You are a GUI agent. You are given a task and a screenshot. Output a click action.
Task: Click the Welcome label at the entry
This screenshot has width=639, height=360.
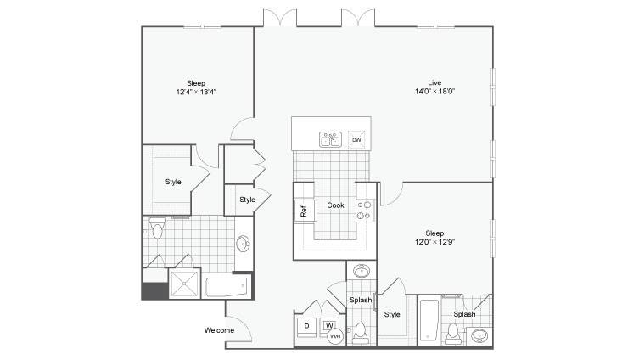[x=219, y=330]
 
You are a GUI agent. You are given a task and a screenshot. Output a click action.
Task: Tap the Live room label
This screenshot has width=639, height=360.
[x=434, y=82]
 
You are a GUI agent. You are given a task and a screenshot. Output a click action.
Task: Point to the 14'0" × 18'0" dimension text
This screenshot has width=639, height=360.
[x=434, y=92]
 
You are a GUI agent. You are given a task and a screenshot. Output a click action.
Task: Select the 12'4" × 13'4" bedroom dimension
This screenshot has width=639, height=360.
[x=196, y=92]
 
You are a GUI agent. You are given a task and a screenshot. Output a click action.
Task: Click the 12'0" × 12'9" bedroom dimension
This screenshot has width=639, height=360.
[x=434, y=242]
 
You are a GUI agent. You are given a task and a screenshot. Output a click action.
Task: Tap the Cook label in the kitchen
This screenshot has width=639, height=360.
[x=335, y=205]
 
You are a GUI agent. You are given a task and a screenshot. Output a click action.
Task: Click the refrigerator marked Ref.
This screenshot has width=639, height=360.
[x=305, y=211]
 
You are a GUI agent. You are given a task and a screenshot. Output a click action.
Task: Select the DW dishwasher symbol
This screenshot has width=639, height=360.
[x=356, y=139]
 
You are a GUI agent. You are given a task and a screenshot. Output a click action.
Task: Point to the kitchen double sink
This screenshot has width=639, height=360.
[x=330, y=139]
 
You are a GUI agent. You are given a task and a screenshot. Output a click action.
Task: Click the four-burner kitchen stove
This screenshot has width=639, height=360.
[x=365, y=210]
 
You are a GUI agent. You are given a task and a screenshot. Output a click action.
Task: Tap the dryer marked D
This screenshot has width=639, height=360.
[x=306, y=326]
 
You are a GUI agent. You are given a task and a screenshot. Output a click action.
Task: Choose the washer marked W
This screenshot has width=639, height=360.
[x=329, y=325]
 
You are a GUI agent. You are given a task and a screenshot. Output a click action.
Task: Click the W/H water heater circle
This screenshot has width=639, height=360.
[x=335, y=336]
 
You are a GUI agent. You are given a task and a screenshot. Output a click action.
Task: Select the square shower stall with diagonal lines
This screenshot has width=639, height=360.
[x=184, y=284]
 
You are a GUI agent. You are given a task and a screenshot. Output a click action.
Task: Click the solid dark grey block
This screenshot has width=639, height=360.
[x=154, y=291]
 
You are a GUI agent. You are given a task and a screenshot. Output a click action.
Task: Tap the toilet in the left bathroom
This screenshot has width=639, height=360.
[x=157, y=228]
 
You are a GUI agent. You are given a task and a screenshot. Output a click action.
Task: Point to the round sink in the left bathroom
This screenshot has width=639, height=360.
[x=243, y=244]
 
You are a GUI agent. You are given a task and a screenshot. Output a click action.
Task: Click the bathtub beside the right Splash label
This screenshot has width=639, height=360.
[x=429, y=320]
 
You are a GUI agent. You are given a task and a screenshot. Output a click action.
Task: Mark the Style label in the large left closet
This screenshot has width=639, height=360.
[x=173, y=182]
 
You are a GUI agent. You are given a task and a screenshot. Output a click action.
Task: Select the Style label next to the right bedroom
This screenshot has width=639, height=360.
[x=392, y=314]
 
